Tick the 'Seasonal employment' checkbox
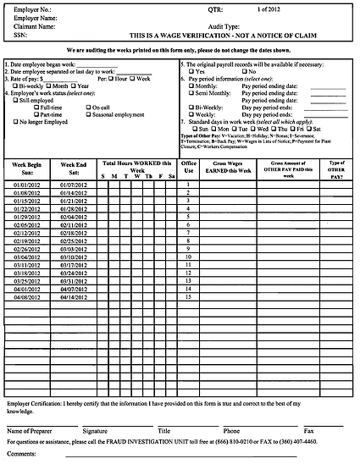coord(88,115)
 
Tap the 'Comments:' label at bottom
coord(22,455)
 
